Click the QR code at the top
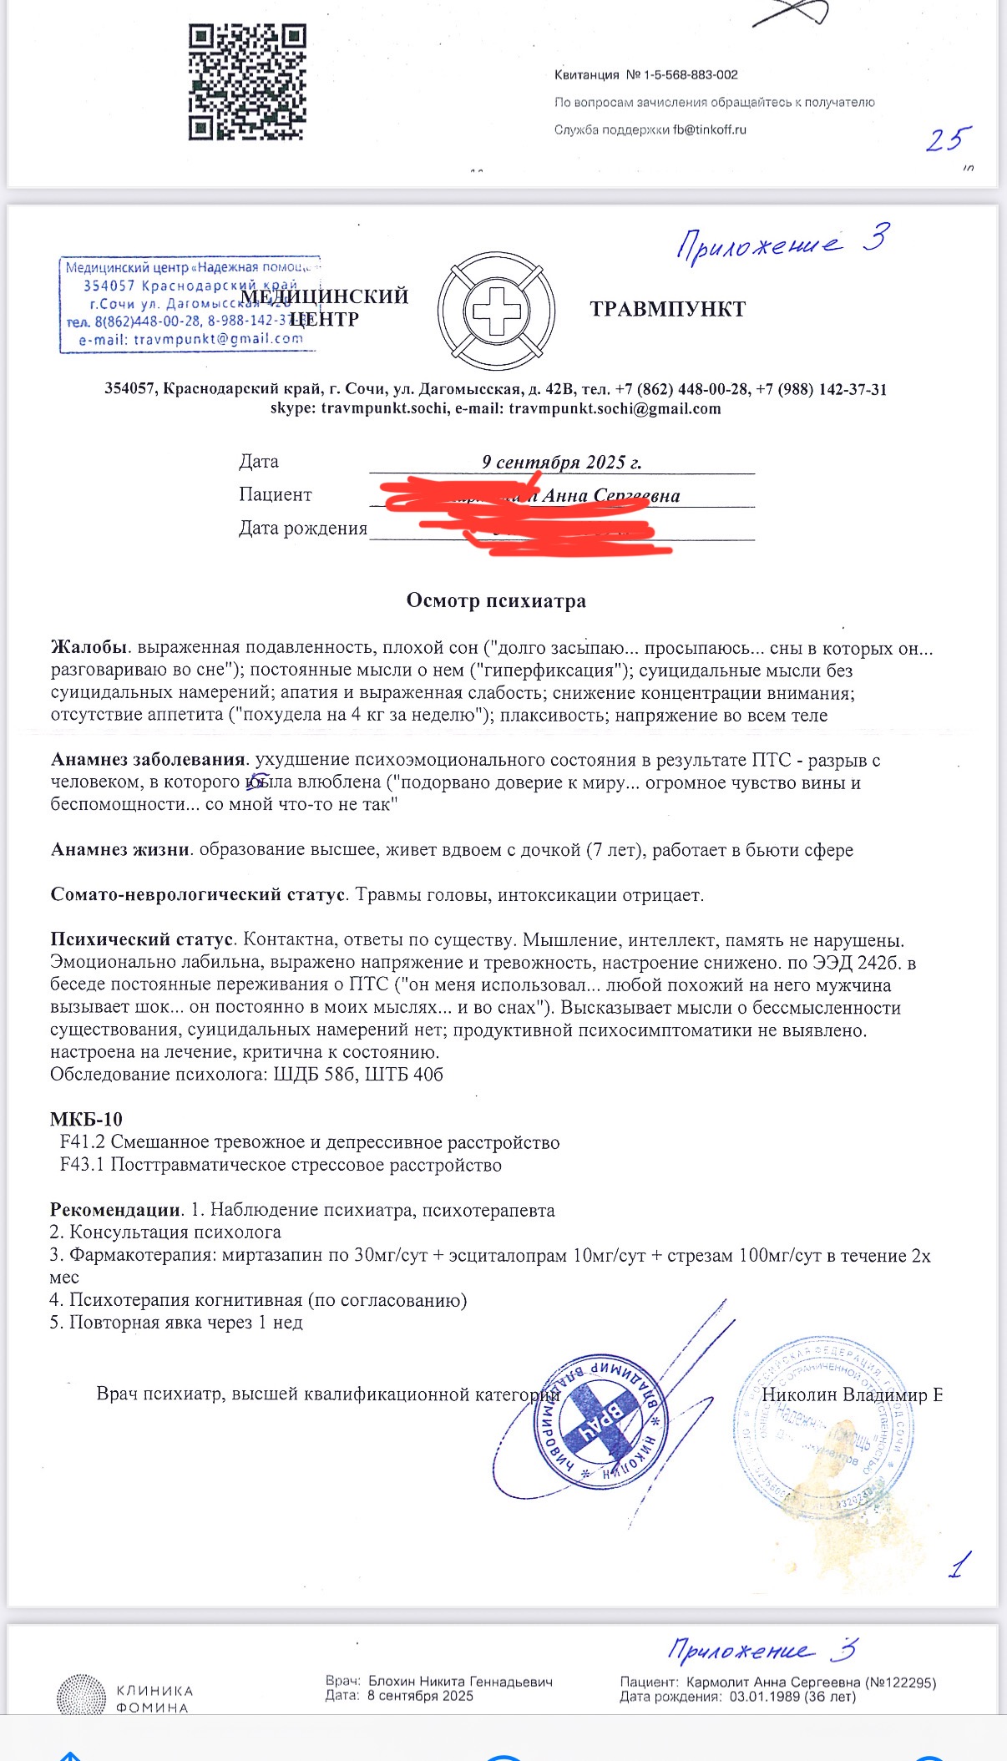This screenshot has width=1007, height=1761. coord(246,82)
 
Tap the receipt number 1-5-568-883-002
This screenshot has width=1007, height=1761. coord(690,75)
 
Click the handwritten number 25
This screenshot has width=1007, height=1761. coord(948,139)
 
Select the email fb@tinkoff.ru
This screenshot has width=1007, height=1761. coord(710,130)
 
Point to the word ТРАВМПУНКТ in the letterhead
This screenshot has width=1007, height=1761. coord(667,310)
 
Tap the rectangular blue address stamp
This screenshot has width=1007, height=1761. coord(188,304)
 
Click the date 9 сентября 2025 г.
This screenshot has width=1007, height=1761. coord(561,462)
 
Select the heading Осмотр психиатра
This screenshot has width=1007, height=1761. coord(496,601)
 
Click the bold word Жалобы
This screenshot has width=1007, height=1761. coord(89,648)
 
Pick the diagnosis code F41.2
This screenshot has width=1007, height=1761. coord(83,1142)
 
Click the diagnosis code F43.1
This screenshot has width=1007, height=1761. coord(83,1165)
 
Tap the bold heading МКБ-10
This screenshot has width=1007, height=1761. coord(86,1120)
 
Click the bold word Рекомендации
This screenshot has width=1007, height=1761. coord(115,1210)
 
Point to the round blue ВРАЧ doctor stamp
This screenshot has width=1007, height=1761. coord(600,1419)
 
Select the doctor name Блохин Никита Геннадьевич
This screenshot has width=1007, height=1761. coord(460,1682)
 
